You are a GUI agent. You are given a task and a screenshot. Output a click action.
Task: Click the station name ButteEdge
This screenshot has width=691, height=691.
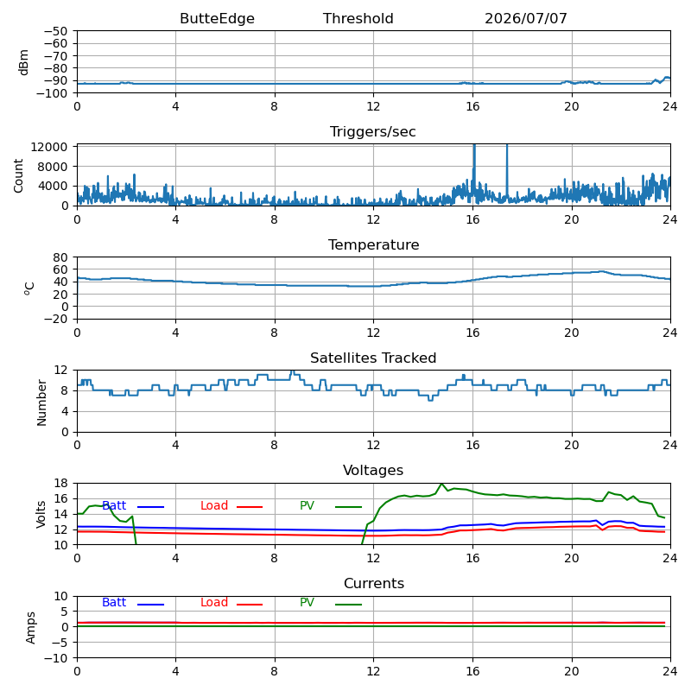tap(217, 18)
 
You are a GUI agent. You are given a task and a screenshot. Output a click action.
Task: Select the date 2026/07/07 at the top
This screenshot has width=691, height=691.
tap(526, 18)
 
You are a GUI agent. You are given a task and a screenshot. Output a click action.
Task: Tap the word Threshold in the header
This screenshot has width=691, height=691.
tap(358, 18)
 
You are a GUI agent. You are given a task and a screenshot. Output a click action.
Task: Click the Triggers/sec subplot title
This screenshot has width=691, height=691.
tap(373, 132)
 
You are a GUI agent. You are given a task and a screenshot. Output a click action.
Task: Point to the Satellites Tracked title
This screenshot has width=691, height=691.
tap(373, 358)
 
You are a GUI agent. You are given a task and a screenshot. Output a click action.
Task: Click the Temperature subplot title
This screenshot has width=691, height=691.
tap(373, 245)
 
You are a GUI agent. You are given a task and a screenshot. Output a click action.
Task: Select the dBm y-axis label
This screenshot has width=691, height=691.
tap(24, 62)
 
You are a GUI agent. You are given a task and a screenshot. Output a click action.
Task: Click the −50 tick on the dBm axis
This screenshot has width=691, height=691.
tap(55, 31)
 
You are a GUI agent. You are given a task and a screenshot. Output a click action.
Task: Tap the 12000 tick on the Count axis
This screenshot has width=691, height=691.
tap(48, 147)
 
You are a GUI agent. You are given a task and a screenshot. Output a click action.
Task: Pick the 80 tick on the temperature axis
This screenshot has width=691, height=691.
tap(60, 257)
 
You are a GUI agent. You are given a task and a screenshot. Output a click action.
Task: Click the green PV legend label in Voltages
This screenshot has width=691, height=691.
tap(307, 505)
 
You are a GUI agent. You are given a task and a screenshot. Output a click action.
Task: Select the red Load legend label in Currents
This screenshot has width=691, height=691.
tap(213, 602)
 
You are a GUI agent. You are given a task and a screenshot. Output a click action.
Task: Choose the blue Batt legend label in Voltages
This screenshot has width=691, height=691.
tap(114, 505)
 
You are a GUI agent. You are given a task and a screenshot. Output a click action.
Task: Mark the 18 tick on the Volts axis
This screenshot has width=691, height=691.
tap(60, 484)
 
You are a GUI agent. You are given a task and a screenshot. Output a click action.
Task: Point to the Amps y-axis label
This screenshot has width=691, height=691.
tap(30, 628)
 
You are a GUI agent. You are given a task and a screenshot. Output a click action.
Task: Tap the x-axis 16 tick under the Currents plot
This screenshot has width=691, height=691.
tap(472, 671)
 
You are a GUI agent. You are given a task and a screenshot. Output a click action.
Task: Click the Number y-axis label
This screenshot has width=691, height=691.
tap(41, 403)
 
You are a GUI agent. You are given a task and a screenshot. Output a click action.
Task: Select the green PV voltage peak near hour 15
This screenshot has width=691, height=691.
tap(441, 484)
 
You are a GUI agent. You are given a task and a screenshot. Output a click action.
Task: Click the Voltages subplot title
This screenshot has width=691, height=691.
tap(373, 470)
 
